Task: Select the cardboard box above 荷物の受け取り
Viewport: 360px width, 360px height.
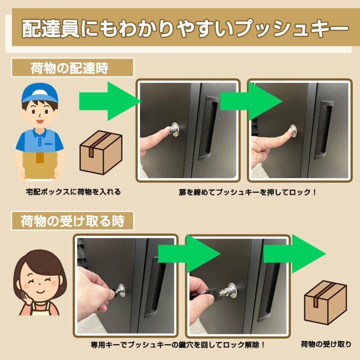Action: [x=325, y=302]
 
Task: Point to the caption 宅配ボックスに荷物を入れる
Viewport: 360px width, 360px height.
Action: [x=73, y=192]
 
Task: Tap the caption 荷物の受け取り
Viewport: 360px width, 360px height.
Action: [x=326, y=344]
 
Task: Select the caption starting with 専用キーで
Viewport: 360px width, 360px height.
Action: [x=178, y=344]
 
